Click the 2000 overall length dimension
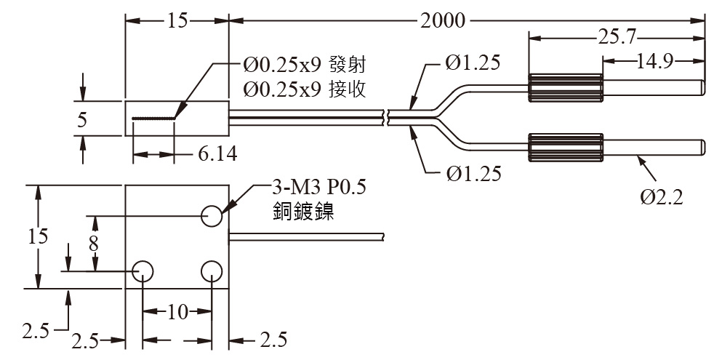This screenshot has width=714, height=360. coord(442,21)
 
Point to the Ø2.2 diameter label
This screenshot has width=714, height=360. coord(662,197)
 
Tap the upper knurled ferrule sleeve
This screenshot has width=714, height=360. coord(566,87)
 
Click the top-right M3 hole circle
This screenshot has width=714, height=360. coord(212,215)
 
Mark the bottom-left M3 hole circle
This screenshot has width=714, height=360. coord(143,271)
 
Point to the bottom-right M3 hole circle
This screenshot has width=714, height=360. coord(212,271)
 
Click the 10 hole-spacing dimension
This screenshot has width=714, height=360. coord(177,313)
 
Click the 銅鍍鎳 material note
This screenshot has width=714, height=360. coord(303,212)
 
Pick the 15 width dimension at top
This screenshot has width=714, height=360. coord(177,21)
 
